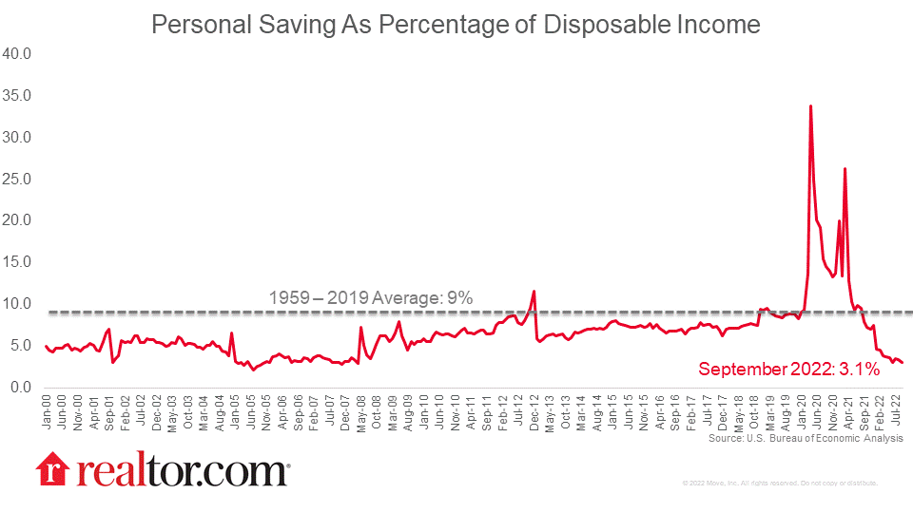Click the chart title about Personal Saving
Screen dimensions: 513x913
coord(456,25)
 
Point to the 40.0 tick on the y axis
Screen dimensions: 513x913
coord(19,54)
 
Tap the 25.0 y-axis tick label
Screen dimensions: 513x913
coord(19,179)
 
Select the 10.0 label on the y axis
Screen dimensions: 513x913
coord(19,304)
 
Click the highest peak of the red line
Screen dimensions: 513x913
coord(810,105)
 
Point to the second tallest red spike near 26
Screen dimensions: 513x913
coord(845,168)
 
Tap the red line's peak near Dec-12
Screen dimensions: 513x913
coord(534,291)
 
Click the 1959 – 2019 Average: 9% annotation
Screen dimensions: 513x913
coord(372,298)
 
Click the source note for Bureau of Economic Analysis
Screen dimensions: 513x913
coord(806,439)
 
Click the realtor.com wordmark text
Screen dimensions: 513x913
coord(180,469)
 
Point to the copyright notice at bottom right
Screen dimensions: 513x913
coord(780,484)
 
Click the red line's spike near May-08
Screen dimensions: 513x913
coord(361,328)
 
